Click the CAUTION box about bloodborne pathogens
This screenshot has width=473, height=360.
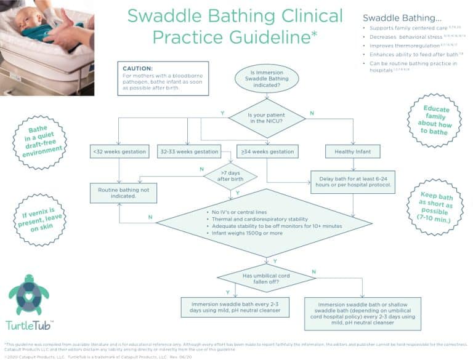[x=163, y=78]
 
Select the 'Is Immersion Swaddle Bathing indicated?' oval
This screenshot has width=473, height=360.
[x=267, y=78]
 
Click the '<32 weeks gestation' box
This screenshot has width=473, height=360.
[x=119, y=151]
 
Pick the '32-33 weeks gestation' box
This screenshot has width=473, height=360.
[x=188, y=151]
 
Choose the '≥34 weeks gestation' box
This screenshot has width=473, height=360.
[x=267, y=151]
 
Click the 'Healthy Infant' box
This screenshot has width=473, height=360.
[x=353, y=151]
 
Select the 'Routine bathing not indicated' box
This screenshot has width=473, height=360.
[x=123, y=193]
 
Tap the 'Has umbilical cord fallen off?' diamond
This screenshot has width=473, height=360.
[x=267, y=278]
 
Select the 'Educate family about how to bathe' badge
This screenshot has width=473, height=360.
[x=435, y=120]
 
